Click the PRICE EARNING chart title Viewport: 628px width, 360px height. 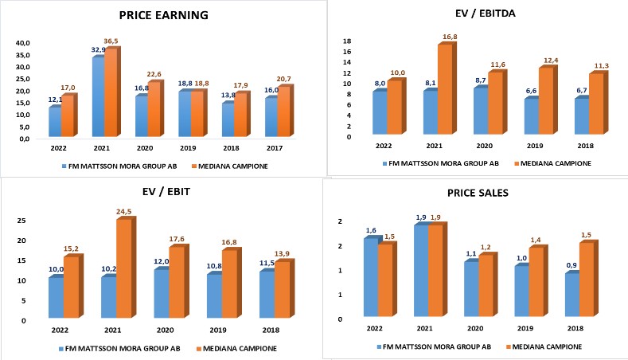tap(163, 14)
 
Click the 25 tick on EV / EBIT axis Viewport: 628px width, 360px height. tap(23, 220)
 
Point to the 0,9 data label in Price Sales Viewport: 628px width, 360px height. tap(572, 265)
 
